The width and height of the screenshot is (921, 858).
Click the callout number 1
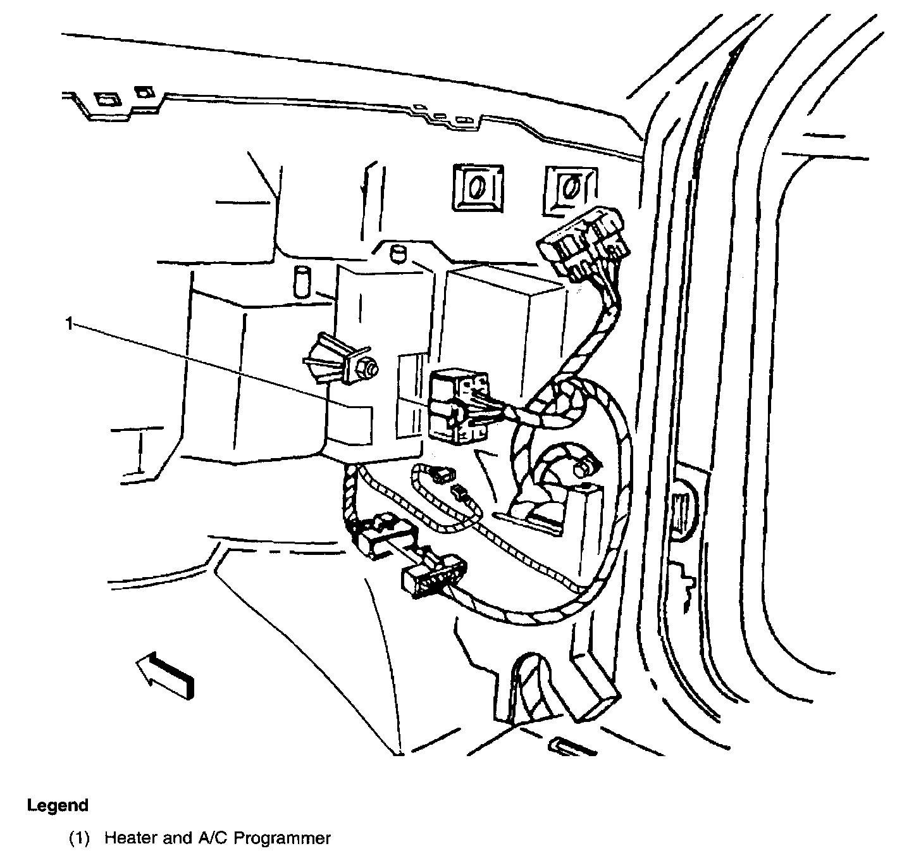[x=69, y=324]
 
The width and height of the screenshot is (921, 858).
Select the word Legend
[x=58, y=805]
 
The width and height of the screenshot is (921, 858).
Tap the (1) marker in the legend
[x=80, y=838]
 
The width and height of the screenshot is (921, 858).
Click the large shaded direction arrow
[x=165, y=677]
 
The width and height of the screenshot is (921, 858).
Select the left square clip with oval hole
[x=478, y=187]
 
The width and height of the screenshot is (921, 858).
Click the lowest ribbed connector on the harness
[x=433, y=573]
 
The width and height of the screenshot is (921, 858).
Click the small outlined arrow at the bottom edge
[x=573, y=746]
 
